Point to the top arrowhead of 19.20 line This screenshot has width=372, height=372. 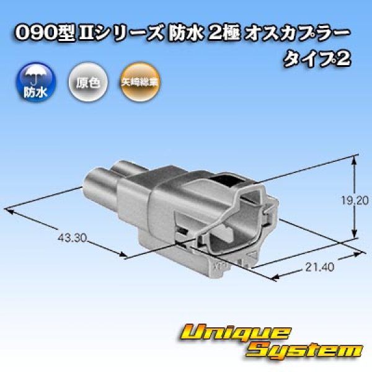(355, 159)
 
